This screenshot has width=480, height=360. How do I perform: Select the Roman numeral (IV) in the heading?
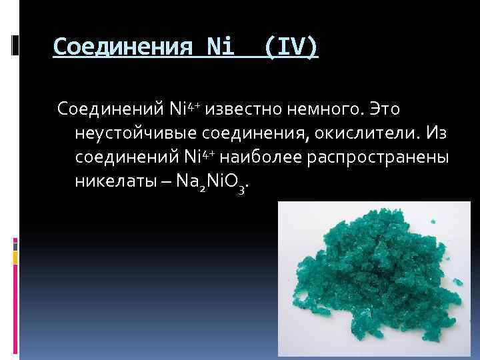point(291,47)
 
